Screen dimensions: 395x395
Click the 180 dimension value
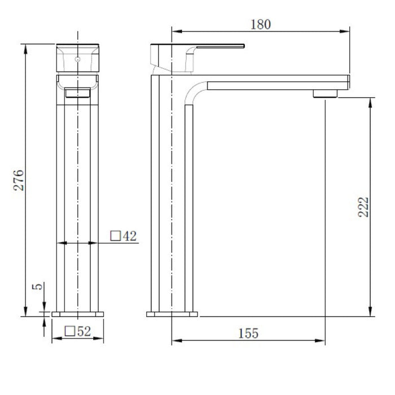260,24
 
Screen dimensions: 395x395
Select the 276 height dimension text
19,179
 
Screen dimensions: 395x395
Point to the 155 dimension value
248,333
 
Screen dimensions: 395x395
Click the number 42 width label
130,236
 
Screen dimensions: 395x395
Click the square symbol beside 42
115,236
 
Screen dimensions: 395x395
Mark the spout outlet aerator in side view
326,93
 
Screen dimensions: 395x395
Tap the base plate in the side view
172,313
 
